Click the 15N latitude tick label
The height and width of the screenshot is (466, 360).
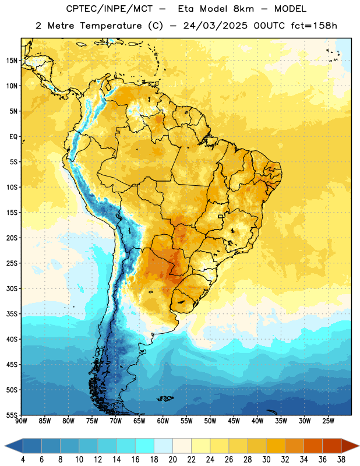(x=12, y=61)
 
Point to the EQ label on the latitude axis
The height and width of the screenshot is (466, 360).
(x=13, y=137)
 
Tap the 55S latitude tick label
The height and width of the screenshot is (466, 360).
(x=12, y=415)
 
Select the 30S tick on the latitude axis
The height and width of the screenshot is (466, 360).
(x=12, y=288)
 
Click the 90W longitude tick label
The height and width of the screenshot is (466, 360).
(x=21, y=421)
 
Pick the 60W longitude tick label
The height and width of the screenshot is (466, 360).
(x=163, y=421)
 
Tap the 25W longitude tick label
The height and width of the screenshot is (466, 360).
(x=328, y=421)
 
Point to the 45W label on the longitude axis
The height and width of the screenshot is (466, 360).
(x=234, y=421)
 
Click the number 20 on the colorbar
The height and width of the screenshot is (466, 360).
(x=172, y=460)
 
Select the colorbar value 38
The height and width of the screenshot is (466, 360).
(x=341, y=460)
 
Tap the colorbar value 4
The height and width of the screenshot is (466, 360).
(x=23, y=460)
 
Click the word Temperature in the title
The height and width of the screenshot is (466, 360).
(x=111, y=26)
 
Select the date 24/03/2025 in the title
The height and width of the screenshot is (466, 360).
(x=215, y=26)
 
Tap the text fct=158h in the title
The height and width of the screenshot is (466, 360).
(x=314, y=26)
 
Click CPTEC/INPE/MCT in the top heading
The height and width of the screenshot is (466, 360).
(x=109, y=9)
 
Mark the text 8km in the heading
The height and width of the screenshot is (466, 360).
(x=243, y=9)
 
